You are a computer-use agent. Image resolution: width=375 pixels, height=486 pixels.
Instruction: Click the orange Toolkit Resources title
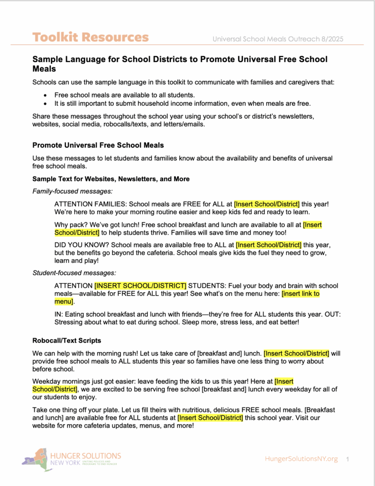coord(90,37)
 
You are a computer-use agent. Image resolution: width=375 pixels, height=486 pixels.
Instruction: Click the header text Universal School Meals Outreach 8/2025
coord(278,38)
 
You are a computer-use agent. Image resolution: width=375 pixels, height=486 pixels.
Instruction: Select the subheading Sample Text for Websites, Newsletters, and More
coord(111,179)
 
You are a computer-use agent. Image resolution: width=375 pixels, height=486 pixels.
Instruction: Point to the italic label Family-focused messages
coord(73,191)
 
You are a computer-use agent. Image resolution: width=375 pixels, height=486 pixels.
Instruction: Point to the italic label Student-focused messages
coord(74,273)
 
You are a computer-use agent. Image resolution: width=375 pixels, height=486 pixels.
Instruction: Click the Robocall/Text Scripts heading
coord(66,341)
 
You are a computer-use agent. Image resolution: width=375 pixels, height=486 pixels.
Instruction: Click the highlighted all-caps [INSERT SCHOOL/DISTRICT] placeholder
coord(140,286)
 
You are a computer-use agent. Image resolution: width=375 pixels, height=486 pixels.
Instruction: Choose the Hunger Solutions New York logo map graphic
coord(37,459)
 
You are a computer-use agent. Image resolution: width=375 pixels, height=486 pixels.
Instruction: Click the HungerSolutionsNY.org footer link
coord(302,459)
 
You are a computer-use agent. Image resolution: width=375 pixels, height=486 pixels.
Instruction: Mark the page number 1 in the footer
coord(348,459)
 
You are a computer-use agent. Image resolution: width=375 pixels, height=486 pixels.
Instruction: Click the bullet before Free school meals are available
coord(45,95)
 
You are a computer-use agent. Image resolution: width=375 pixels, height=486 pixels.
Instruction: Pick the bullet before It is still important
coord(45,103)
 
